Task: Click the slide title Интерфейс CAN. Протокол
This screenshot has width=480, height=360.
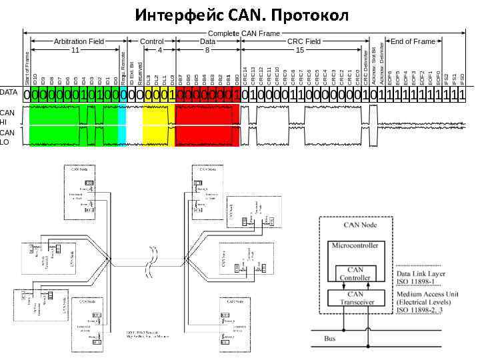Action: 241,14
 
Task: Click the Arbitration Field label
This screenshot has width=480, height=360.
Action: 79,41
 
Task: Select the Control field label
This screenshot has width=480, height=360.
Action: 152,41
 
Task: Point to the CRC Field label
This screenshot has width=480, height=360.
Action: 304,41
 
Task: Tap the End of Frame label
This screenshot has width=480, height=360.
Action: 413,41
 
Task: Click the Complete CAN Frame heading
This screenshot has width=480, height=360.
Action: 244,33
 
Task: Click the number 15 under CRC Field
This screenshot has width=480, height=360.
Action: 300,50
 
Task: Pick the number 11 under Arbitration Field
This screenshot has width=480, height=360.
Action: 75,50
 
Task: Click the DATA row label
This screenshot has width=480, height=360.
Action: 9,92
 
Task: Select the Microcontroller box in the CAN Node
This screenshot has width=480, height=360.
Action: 355,246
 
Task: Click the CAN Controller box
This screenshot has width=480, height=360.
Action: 355,273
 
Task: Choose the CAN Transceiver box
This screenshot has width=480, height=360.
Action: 355,297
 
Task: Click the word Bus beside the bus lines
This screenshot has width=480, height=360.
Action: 330,339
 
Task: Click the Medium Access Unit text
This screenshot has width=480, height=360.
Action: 427,292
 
